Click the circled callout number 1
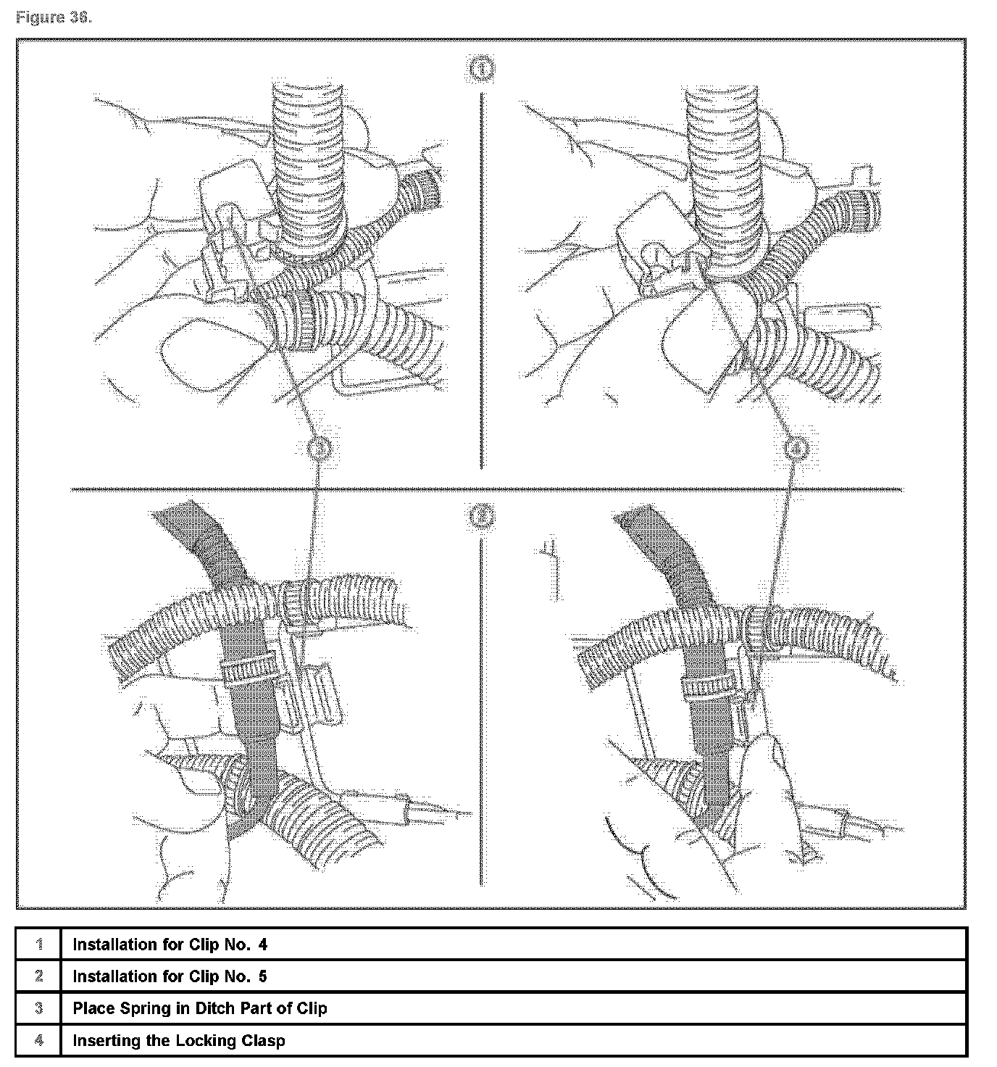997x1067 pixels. point(482,70)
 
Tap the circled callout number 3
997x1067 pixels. point(319,449)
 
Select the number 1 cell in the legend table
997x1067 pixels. point(39,944)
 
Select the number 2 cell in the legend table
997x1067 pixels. point(39,976)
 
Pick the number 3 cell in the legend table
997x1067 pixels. point(39,1008)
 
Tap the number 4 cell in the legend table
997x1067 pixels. point(39,1041)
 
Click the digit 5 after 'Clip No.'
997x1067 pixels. point(262,976)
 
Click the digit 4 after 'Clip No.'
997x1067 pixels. point(262,944)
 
